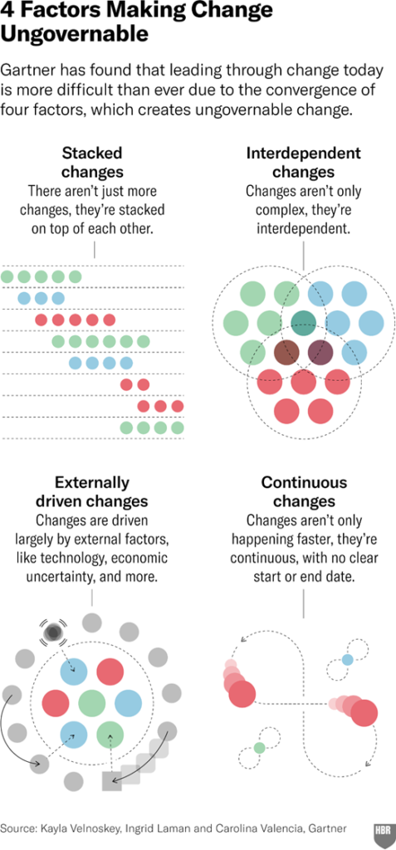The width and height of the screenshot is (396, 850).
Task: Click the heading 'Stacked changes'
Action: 93,163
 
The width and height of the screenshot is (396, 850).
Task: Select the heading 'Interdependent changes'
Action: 303,163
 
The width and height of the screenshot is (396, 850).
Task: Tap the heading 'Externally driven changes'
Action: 92,491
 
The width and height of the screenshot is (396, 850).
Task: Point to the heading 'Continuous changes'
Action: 304,491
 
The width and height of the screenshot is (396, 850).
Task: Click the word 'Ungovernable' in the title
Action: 75,33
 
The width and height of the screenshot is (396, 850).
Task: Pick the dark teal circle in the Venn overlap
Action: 303,323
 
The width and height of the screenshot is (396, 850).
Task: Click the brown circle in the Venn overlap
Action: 286,352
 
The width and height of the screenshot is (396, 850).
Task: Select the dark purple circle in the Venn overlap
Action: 320,352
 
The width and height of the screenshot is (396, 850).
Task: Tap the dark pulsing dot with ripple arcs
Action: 53,632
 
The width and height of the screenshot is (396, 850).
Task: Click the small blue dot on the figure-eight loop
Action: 347,660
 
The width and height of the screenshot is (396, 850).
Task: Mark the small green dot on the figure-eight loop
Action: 259,748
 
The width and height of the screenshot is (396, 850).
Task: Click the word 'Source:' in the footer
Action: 20,828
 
